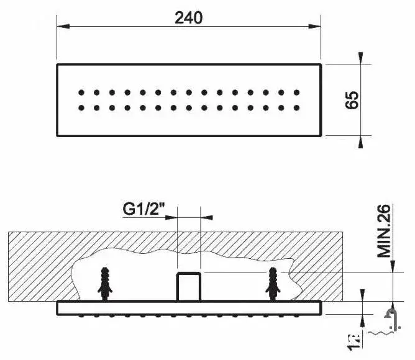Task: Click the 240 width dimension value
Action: tap(188, 17)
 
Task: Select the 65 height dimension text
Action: tap(352, 100)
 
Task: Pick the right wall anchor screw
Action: tap(273, 284)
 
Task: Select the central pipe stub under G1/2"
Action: tap(188, 286)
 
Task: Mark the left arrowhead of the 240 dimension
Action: tap(62, 26)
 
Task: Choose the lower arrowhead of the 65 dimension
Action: tap(362, 141)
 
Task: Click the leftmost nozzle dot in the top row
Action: tap(82, 93)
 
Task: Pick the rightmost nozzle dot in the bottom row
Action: tap(297, 108)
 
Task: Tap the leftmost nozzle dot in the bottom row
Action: tap(82, 108)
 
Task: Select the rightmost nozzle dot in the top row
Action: tap(297, 93)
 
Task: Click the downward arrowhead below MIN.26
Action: tap(393, 266)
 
